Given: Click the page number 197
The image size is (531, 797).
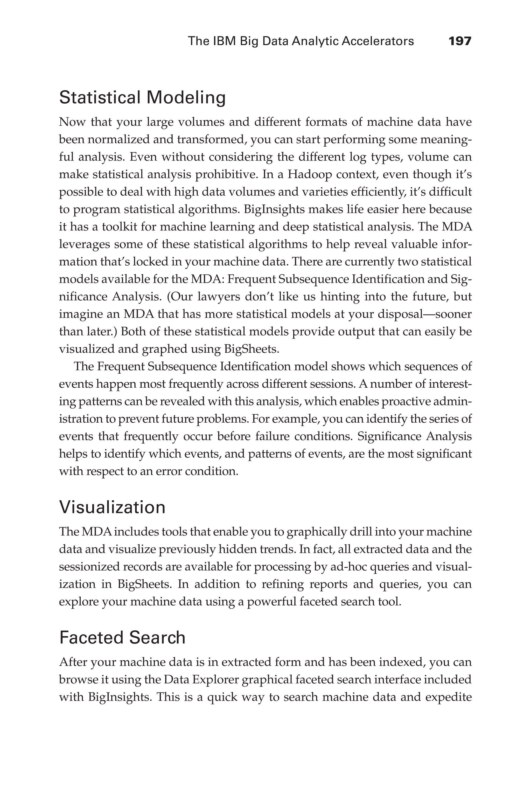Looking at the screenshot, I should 459,41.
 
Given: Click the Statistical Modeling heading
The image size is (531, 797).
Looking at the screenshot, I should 142,98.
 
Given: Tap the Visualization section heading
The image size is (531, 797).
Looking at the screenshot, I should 112,507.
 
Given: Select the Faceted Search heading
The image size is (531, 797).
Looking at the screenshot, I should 122,637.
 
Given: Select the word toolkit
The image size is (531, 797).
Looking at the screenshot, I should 119,227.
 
